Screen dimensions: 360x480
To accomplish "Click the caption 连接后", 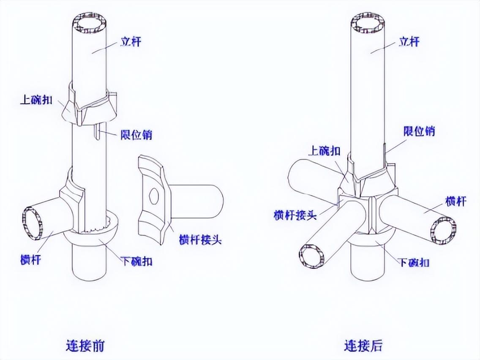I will (x=363, y=346).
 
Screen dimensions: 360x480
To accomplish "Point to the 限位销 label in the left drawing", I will (x=135, y=135).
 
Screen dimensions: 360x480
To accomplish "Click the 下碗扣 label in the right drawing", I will (x=414, y=262).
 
